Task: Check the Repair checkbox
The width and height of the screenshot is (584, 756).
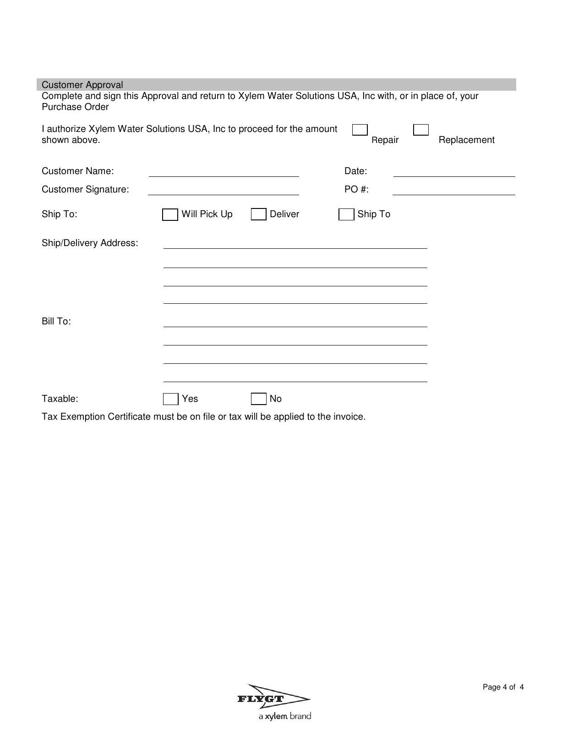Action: [360, 130]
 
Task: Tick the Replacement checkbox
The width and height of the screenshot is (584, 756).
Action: [421, 130]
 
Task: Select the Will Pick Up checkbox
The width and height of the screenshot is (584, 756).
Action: [170, 214]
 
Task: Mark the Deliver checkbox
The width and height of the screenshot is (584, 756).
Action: [259, 214]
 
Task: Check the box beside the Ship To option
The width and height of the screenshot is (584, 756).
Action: [346, 214]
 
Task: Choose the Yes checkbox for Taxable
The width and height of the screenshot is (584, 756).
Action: [171, 399]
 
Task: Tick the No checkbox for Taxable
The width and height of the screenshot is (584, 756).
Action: [259, 399]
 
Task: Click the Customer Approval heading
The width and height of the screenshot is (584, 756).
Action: [82, 85]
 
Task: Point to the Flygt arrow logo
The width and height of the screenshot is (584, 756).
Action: [274, 699]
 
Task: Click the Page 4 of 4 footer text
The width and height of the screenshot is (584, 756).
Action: [503, 687]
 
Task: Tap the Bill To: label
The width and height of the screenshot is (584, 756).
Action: [56, 321]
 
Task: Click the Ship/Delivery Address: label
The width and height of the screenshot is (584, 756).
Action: [90, 243]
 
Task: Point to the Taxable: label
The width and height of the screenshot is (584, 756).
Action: [60, 399]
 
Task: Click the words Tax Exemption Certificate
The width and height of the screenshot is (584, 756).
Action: [96, 417]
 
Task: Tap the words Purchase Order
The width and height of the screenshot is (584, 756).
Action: [75, 107]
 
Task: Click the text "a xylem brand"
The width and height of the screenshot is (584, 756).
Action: [285, 716]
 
